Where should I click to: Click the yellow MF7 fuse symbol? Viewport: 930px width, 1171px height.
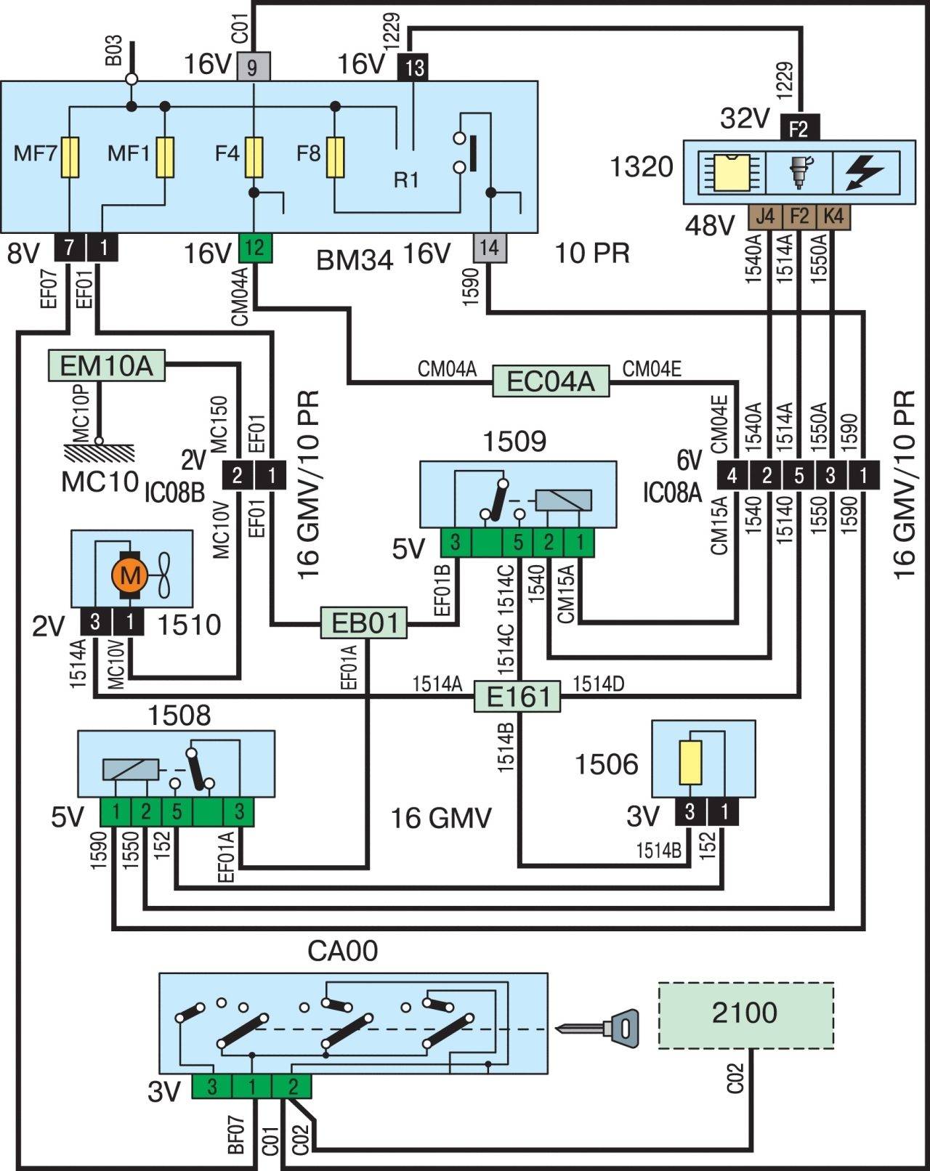pos(70,157)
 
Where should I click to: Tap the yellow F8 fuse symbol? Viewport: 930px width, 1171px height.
pos(335,157)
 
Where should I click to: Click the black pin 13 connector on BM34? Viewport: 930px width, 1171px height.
pos(413,68)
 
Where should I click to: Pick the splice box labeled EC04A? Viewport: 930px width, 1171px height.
pos(551,381)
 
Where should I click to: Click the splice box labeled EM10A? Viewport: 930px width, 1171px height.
pos(106,365)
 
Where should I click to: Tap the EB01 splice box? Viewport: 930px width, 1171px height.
pos(365,623)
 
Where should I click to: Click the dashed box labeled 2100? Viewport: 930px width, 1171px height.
pos(745,1015)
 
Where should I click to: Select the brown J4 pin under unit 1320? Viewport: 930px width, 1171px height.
pos(765,216)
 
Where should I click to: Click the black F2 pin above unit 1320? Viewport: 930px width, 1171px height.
pos(799,129)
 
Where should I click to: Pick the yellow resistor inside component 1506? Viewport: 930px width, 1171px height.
pos(690,763)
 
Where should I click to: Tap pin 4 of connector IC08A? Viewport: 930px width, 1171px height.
pos(732,475)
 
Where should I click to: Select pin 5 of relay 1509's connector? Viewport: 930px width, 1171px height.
pos(518,542)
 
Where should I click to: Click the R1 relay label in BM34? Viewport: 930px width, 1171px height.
pos(406,179)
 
